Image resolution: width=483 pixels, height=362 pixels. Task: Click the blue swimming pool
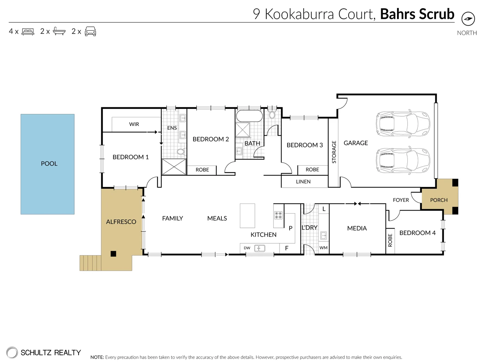(x=47, y=164)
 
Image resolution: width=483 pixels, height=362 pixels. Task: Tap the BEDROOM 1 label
(x=130, y=157)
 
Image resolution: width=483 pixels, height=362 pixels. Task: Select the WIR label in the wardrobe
(x=134, y=124)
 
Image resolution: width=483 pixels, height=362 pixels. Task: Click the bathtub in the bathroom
(x=249, y=116)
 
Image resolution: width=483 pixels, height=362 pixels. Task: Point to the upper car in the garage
(x=403, y=123)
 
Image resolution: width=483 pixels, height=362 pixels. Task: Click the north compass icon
(x=468, y=19)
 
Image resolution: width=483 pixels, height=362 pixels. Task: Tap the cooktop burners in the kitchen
(x=278, y=215)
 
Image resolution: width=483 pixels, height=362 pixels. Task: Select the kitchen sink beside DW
(x=259, y=248)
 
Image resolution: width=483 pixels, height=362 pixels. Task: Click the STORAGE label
(x=334, y=152)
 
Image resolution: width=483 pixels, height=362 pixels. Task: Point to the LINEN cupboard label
(x=303, y=182)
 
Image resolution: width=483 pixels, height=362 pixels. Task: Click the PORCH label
(x=439, y=200)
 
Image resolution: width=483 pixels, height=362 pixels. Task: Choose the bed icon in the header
(x=28, y=32)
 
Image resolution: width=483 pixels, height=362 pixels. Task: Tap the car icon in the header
(x=90, y=32)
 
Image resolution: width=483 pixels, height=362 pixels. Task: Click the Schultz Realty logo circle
(x=12, y=352)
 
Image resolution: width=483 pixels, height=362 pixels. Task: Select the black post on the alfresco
(x=114, y=254)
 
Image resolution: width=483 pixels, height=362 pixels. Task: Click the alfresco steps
(x=90, y=263)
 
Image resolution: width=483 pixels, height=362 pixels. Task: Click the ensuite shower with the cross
(x=174, y=167)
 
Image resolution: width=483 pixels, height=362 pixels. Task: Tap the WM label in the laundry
(x=323, y=248)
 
